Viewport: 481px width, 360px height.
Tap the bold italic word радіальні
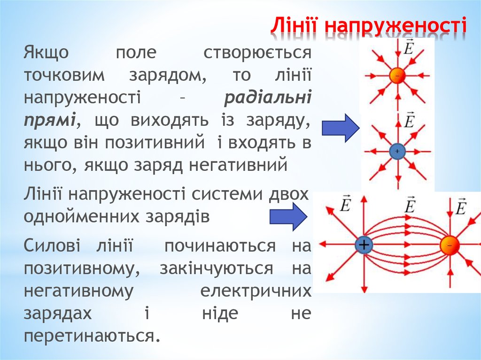[267, 98]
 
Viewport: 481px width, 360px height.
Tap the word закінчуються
[217, 268]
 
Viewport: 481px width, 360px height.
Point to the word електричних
[256, 291]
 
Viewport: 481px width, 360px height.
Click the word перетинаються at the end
[89, 336]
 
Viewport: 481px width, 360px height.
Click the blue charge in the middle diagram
[397, 151]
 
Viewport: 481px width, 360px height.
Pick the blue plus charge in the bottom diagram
[364, 245]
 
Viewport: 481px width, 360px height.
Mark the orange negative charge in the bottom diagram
[450, 245]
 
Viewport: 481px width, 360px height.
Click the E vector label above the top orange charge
[408, 47]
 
